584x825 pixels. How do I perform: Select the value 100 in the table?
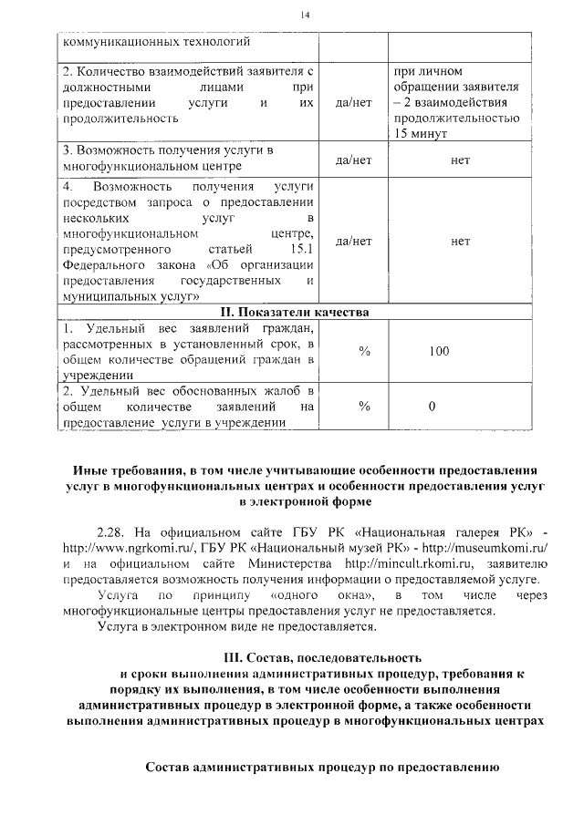439,351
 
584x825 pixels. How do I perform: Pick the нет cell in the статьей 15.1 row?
460,242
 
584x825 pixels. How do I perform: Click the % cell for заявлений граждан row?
364,351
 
